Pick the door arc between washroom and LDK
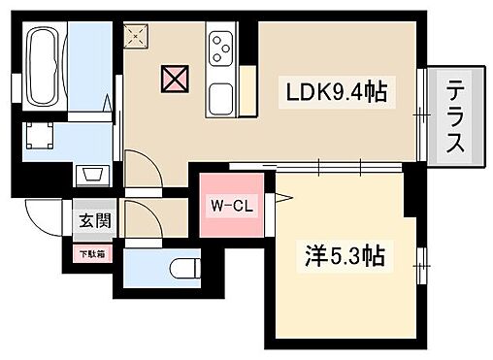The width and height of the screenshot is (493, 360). tap(142, 174)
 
